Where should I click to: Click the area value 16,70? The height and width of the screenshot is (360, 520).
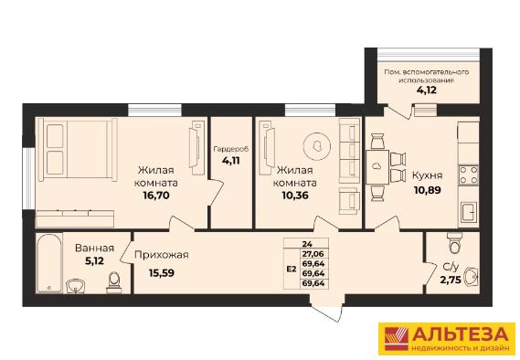click(x=156, y=196)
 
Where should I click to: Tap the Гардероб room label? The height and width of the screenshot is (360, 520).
click(x=231, y=150)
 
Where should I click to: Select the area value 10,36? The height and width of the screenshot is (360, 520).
click(x=295, y=196)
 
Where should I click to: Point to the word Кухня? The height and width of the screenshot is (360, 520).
click(x=427, y=175)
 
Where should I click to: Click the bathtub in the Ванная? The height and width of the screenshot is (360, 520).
click(x=49, y=263)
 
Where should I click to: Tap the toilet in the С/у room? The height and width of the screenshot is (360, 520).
click(x=453, y=244)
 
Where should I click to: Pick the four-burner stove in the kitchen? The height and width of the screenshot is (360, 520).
click(x=468, y=175)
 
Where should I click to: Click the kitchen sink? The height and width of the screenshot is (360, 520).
click(x=469, y=213)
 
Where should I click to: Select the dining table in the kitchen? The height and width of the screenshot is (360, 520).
click(x=377, y=167)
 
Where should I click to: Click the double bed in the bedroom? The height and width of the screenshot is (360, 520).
click(x=78, y=150)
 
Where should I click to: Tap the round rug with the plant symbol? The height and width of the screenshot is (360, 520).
click(x=317, y=146)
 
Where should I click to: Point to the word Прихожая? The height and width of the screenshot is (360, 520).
click(x=162, y=255)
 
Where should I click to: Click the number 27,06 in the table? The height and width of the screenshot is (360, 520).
click(x=313, y=254)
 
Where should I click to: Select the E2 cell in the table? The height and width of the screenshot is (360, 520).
click(x=292, y=269)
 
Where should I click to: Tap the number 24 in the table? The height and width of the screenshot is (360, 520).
click(x=307, y=244)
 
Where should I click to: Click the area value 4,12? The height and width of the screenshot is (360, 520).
click(x=427, y=90)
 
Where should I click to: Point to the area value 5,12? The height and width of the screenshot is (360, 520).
click(x=94, y=261)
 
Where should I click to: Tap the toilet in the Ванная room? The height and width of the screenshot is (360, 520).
click(x=113, y=282)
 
